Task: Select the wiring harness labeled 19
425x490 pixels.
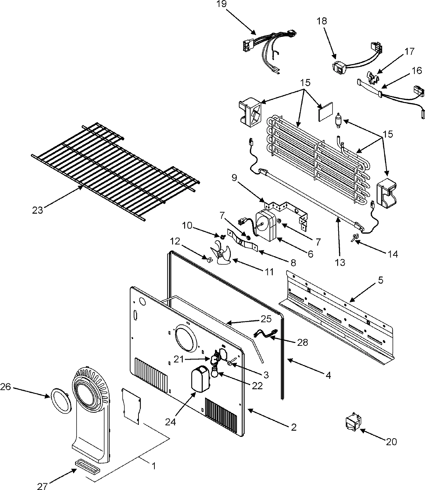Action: [x=269, y=53]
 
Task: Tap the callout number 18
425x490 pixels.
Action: [x=322, y=21]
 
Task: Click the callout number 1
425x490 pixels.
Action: [x=154, y=466]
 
